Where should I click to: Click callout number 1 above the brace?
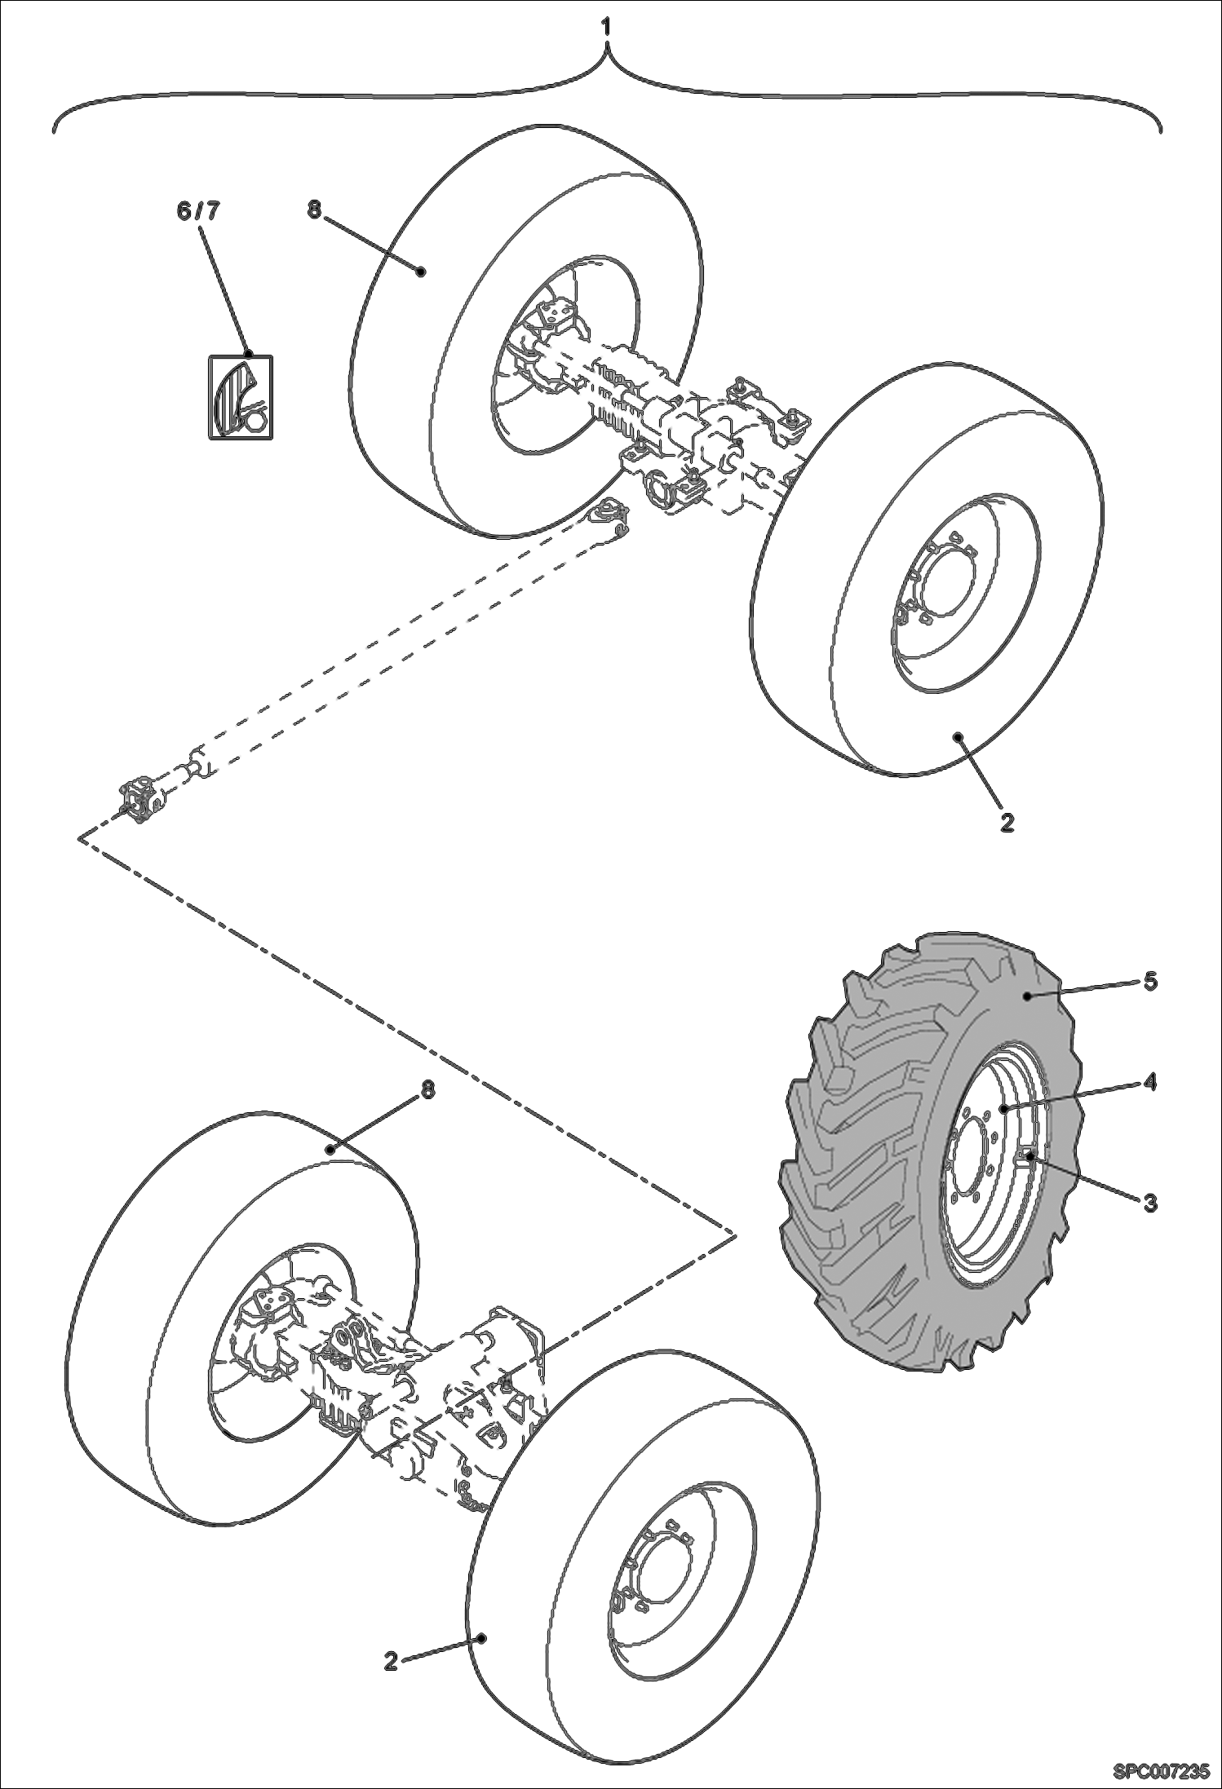605,27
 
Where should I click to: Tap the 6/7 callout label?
198,211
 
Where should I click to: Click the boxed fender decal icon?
239,396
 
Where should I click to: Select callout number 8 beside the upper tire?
315,210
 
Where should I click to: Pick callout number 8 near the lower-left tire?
427,1090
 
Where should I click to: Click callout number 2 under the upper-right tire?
1007,823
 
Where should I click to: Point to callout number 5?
1149,980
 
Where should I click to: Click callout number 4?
1149,1083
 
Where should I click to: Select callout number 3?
1149,1202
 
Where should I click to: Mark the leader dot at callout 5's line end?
1028,996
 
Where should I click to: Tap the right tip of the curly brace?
1160,130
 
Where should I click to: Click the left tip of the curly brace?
54,130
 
